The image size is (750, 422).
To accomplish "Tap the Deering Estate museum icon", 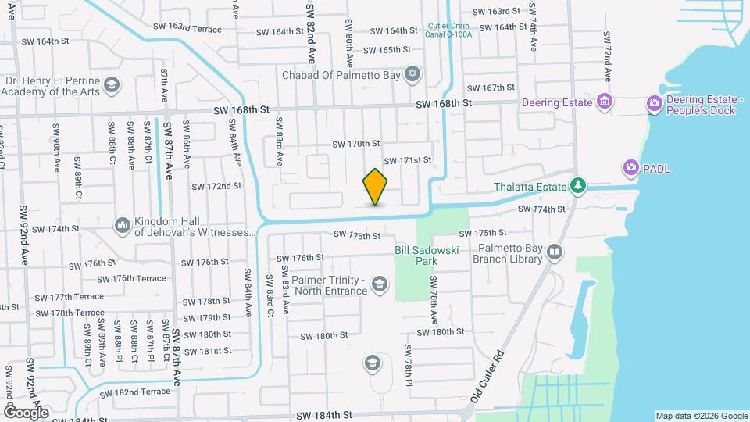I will (603, 102).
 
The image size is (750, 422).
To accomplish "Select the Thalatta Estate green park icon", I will (578, 186).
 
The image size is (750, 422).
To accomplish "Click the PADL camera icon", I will (630, 168).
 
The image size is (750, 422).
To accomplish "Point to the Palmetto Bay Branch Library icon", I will (554, 252).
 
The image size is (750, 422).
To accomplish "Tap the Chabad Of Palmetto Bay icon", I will (413, 75).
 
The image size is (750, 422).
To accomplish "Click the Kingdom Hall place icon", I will (122, 226).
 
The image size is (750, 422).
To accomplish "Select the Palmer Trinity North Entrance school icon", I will (380, 284).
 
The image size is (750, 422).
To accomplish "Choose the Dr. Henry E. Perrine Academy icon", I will (112, 84).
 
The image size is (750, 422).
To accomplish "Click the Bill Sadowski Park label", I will (426, 255).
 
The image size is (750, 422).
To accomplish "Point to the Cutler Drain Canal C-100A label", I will (449, 30).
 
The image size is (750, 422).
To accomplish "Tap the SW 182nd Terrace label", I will (134, 392).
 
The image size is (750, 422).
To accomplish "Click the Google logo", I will (26, 412).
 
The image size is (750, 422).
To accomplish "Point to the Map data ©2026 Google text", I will (701, 416).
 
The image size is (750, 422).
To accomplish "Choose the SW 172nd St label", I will (216, 186).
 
